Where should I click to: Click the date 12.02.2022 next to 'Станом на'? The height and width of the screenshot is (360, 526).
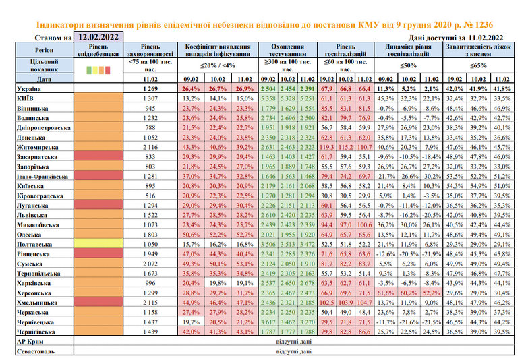[x=100, y=37]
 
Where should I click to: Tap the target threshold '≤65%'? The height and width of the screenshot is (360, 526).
[x=478, y=65]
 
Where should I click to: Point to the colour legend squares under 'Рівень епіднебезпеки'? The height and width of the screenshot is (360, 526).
[x=98, y=69]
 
